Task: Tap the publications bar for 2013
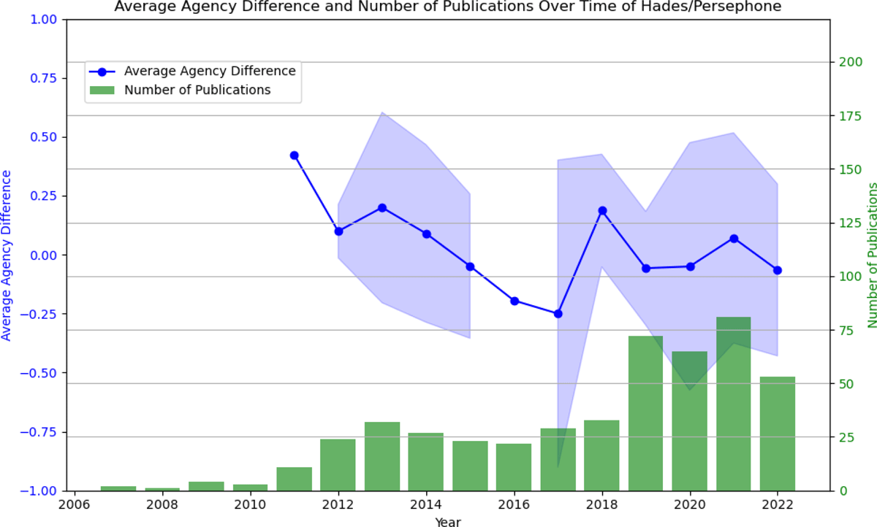click(382, 456)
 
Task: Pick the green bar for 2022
click(777, 434)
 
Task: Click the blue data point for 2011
click(295, 155)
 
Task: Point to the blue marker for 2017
click(558, 314)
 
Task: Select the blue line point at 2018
click(602, 211)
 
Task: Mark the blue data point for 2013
click(382, 208)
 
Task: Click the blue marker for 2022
click(778, 270)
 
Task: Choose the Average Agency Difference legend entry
click(209, 72)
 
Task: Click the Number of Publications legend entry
click(197, 91)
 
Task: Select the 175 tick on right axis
click(850, 116)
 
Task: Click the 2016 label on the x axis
click(514, 504)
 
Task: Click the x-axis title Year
click(447, 521)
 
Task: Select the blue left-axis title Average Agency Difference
click(7, 255)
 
